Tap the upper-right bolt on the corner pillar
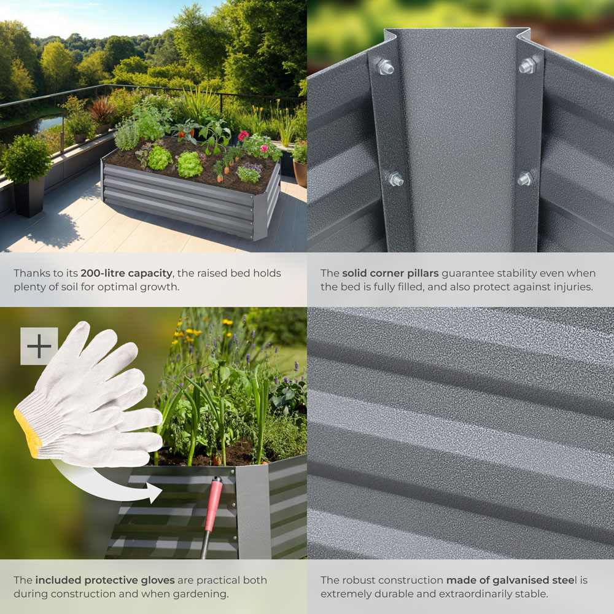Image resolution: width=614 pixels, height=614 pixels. coord(527,64)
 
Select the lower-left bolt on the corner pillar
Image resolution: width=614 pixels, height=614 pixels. coord(394,179)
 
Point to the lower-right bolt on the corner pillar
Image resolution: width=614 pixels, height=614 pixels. coord(525,179)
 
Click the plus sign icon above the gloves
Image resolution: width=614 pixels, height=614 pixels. coord(39,346)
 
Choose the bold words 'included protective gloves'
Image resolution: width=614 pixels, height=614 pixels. coord(105,580)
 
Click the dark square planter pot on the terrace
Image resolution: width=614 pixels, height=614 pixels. coord(29,196)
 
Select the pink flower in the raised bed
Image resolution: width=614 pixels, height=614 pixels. coord(243,136)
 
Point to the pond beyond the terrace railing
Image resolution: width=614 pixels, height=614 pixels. coord(43,126)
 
